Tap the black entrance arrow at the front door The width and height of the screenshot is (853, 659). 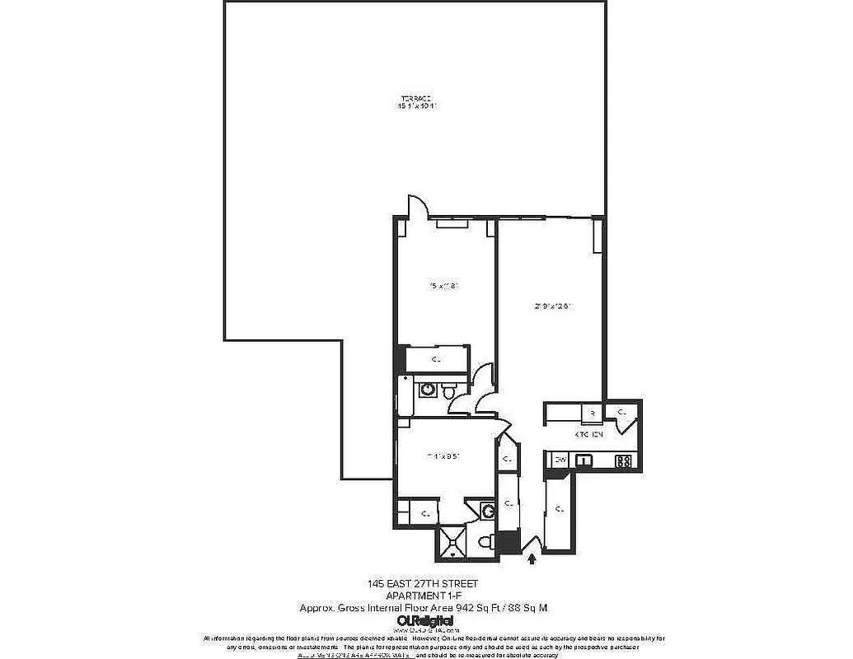click(x=532, y=559)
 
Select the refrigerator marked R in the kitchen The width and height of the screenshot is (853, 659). click(x=592, y=414)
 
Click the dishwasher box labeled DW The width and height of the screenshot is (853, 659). click(x=560, y=460)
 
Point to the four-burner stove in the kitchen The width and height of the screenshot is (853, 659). click(x=624, y=461)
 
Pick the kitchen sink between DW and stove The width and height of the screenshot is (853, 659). click(x=586, y=460)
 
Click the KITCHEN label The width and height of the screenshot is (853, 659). click(x=589, y=434)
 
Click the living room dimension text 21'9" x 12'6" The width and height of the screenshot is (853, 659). click(x=552, y=306)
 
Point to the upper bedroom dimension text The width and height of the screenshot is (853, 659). click(x=443, y=286)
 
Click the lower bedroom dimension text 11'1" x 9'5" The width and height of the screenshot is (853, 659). click(x=442, y=455)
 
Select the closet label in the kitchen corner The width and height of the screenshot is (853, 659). click(x=622, y=412)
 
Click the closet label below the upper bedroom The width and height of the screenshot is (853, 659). click(x=436, y=359)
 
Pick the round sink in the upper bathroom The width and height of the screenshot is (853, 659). click(x=429, y=389)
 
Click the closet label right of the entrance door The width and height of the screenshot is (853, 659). click(x=560, y=510)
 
